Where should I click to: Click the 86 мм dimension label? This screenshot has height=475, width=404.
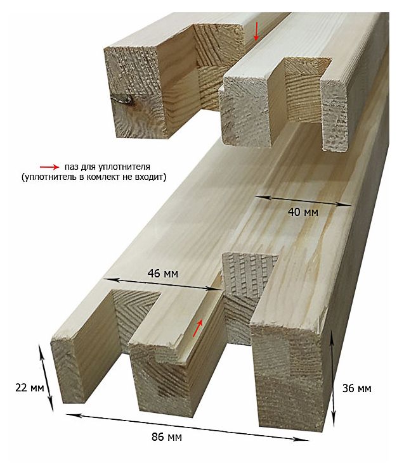[167, 437]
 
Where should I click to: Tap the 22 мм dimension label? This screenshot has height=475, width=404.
[29, 388]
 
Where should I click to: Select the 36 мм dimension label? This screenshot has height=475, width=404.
[356, 388]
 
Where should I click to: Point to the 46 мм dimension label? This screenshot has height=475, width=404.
[163, 274]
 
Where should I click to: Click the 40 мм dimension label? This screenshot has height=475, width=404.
[303, 212]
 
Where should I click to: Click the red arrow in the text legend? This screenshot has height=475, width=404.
[49, 167]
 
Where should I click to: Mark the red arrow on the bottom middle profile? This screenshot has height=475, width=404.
[198, 328]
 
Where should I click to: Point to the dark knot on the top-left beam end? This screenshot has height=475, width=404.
[126, 99]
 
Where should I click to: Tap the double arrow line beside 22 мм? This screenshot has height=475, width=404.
[46, 377]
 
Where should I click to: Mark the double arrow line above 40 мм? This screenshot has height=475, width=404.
[304, 201]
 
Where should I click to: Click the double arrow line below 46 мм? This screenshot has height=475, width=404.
[162, 284]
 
